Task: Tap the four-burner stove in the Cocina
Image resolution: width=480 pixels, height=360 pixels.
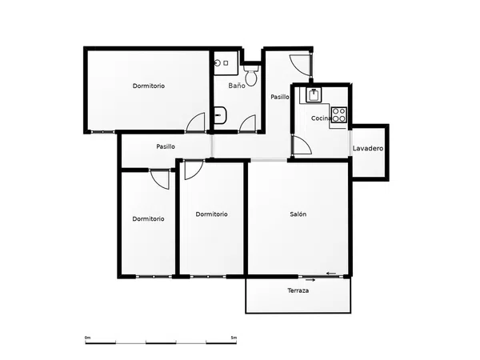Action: click(x=339, y=114)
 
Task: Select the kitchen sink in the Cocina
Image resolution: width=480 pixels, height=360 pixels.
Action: click(x=314, y=94)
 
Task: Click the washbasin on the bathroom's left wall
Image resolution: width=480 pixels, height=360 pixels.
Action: click(x=220, y=115)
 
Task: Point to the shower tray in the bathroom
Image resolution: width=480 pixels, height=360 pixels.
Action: click(x=226, y=63)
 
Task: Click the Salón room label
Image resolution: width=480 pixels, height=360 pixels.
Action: click(x=298, y=214)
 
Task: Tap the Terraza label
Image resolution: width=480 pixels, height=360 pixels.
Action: click(x=298, y=290)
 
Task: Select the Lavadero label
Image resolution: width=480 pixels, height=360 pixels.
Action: click(x=368, y=149)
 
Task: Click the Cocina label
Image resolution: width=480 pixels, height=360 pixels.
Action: click(x=321, y=118)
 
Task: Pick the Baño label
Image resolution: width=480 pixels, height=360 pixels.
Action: click(x=237, y=86)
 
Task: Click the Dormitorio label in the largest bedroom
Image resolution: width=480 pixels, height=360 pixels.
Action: click(x=149, y=86)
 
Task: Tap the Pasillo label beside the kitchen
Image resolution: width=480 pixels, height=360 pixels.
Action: click(x=280, y=97)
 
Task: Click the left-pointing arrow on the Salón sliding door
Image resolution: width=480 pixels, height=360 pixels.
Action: click(x=331, y=274)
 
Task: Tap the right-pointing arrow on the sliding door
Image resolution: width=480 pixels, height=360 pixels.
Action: click(x=310, y=280)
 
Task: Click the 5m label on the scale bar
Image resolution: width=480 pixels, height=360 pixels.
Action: click(x=234, y=338)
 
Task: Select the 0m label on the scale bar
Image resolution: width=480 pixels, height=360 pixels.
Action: click(x=87, y=338)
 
